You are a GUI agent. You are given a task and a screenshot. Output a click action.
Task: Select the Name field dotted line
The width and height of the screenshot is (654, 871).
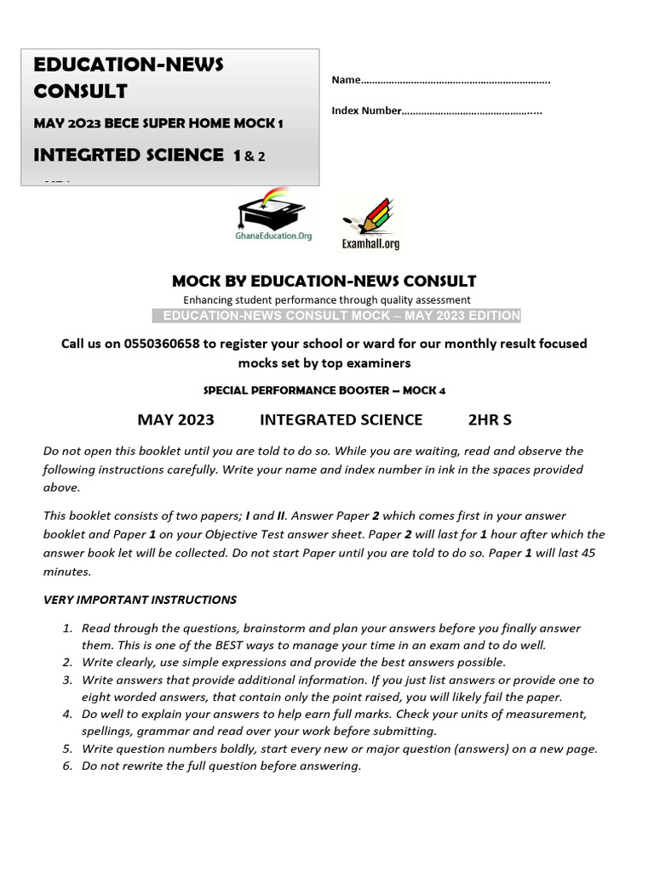(456, 81)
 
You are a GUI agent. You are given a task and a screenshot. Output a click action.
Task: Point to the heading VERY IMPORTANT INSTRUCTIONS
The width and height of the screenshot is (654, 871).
(140, 600)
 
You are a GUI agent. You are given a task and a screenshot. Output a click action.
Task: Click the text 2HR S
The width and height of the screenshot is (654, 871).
(490, 419)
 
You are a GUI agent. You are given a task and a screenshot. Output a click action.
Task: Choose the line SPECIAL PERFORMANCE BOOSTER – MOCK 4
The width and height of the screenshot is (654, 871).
(324, 390)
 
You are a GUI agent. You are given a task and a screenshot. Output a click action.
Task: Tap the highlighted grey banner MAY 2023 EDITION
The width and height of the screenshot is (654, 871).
(336, 316)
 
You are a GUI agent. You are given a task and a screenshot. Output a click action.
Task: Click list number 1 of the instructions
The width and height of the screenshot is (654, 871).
(67, 629)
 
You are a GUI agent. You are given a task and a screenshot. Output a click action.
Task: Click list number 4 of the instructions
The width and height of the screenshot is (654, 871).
(67, 714)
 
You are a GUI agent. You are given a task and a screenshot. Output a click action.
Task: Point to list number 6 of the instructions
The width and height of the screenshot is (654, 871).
(67, 766)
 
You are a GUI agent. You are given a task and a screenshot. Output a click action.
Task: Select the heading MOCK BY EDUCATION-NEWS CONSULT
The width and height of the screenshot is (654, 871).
(324, 281)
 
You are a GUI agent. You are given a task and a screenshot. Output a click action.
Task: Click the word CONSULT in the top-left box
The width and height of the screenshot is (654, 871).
(80, 91)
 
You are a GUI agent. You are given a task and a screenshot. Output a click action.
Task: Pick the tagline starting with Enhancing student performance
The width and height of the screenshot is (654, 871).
(326, 299)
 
